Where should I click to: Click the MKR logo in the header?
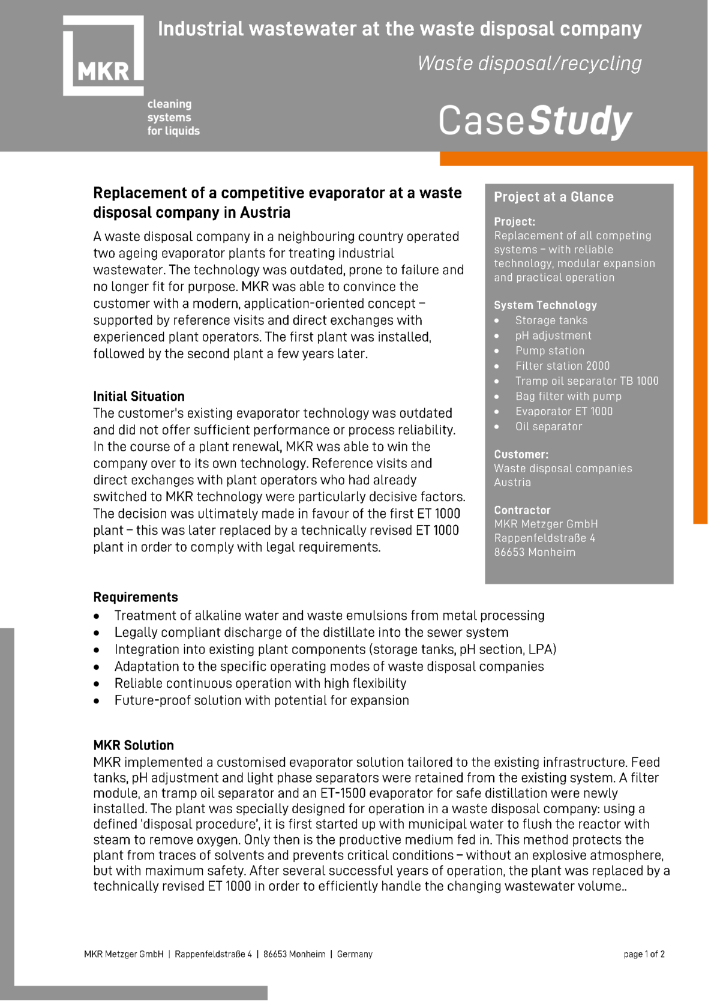coord(103,56)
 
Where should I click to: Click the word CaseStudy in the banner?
coord(535,121)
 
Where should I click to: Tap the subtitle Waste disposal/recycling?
coord(529,63)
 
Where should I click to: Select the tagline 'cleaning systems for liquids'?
coord(173,118)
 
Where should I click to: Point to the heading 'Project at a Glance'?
coord(553,197)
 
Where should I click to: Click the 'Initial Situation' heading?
coord(139,396)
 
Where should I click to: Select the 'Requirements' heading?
coord(136,597)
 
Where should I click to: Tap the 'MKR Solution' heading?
coord(133,745)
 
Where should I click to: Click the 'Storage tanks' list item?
coord(551,320)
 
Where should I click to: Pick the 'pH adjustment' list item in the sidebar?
coord(553,335)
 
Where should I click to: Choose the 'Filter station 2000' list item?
coord(562,365)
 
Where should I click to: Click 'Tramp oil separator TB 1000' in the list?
coord(587,381)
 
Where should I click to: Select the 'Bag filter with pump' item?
coord(568,396)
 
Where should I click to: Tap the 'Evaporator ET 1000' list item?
coord(564,411)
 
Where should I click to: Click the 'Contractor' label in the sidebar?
coord(522,510)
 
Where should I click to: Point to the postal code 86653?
coord(508,552)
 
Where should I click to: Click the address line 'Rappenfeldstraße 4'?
coord(544,538)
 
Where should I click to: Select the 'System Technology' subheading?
coord(545,305)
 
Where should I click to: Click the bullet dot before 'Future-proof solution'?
coord(97,700)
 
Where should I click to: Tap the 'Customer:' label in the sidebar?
coord(521,454)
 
